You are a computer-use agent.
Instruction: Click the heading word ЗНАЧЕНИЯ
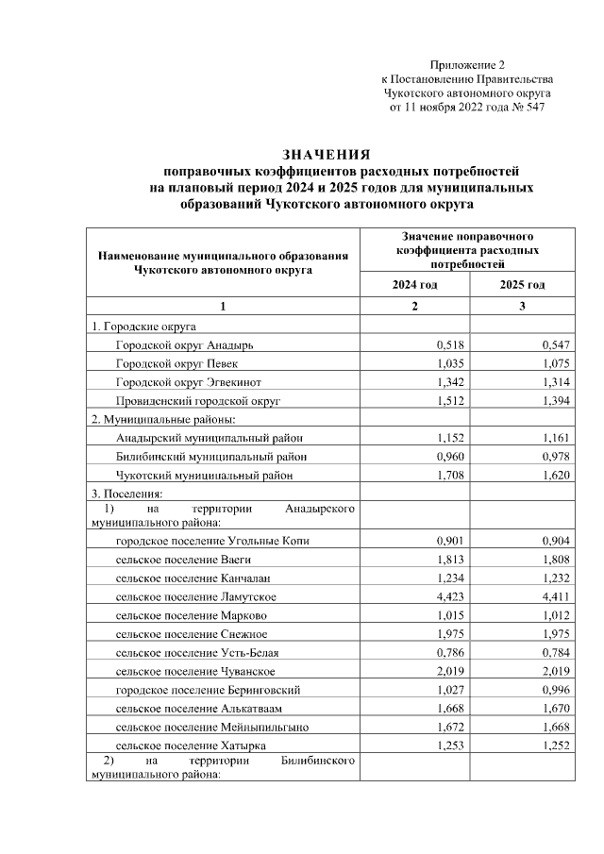click(326, 155)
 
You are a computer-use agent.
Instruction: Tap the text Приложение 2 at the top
click(467, 65)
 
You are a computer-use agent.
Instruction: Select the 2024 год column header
click(414, 285)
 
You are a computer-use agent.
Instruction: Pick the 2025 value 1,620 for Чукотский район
click(557, 475)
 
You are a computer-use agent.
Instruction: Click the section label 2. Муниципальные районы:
click(162, 419)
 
